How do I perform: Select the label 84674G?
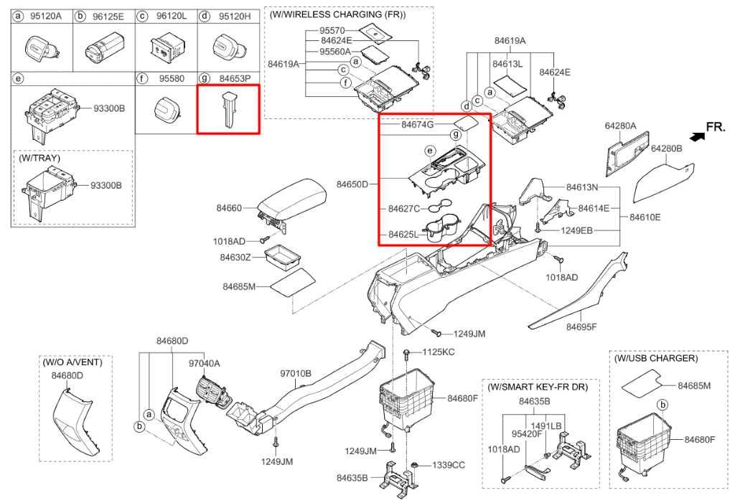418,125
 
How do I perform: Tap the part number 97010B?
296,373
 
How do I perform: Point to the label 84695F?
581,327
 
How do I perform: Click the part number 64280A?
620,126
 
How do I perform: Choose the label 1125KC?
439,352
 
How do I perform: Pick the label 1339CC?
449,465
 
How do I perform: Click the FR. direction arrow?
694,135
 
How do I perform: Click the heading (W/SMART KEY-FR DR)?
538,387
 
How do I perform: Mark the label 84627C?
403,209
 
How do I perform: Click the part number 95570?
332,31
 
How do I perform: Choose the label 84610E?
645,216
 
